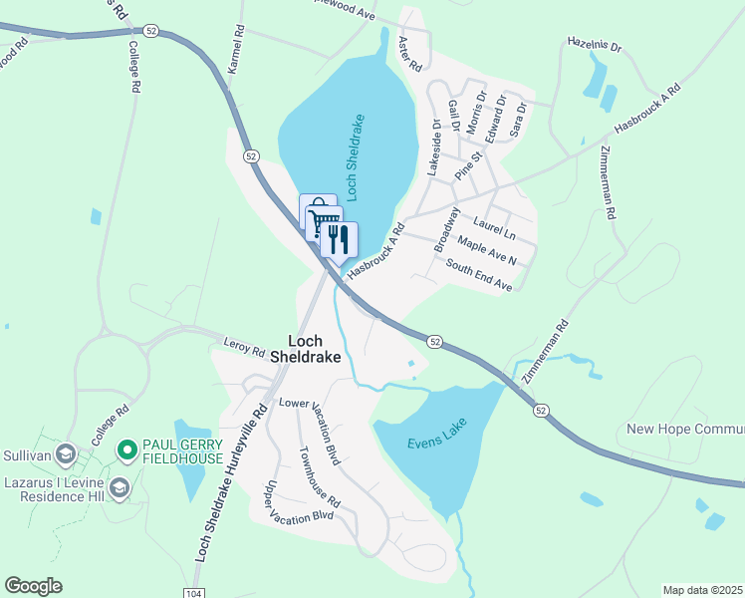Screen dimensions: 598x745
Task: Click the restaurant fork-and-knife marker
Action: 339,239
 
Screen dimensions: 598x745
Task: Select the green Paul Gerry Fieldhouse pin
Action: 126,451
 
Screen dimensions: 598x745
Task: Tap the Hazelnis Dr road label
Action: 594,47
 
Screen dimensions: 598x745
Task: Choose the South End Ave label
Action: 479,275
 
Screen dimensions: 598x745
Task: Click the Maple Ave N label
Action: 486,250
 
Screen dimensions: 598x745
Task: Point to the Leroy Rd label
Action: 244,349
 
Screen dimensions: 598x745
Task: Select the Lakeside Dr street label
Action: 434,148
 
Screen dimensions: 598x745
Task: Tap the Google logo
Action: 33,586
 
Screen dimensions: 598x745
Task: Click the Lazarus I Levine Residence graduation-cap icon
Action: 121,487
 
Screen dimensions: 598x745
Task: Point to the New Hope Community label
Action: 685,430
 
